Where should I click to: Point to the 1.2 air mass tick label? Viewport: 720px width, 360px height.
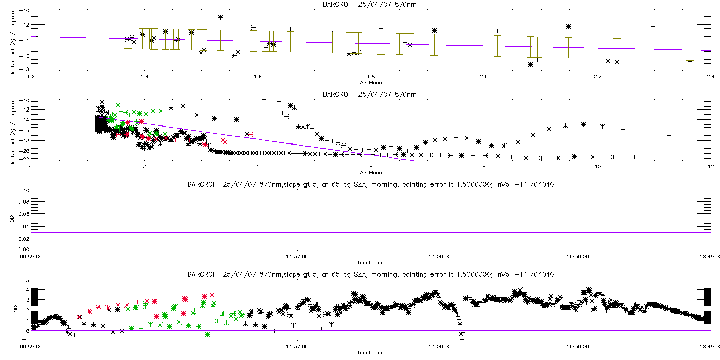(x=31, y=77)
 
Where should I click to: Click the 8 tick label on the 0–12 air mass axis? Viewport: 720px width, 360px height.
(x=484, y=167)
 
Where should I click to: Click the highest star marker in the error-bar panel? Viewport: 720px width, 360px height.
(x=220, y=17)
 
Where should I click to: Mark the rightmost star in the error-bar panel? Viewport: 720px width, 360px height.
(x=690, y=61)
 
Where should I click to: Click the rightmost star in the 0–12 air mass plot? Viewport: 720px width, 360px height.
(x=669, y=135)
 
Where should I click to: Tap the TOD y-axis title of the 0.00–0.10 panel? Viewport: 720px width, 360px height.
(x=12, y=221)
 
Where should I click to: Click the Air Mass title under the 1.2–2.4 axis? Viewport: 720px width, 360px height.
(x=370, y=82)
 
